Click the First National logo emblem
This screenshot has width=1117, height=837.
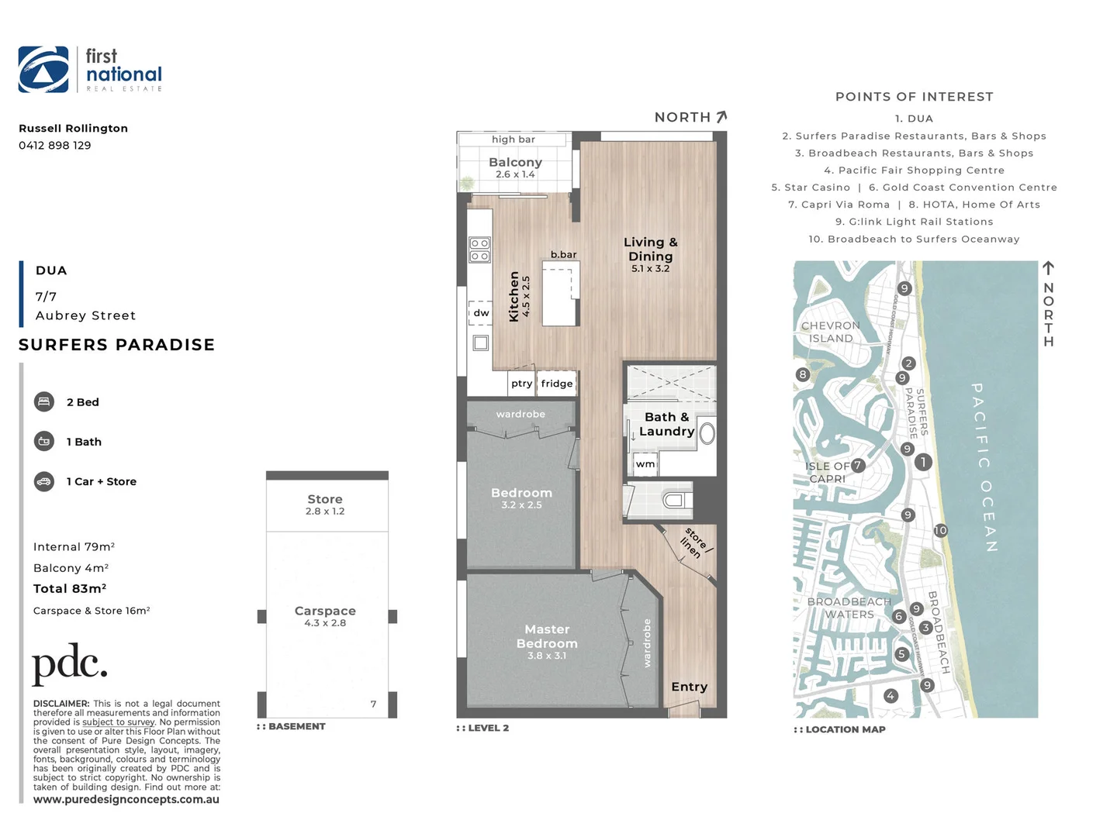coord(43,70)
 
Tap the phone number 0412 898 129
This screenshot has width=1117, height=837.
coord(55,146)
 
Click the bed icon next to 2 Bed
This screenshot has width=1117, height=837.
coord(44,401)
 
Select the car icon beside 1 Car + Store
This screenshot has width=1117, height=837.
coord(44,481)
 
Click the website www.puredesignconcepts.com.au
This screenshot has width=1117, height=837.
coord(126,800)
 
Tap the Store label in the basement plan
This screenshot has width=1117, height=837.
coord(325,500)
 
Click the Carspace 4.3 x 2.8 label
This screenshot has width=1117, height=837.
coord(325,616)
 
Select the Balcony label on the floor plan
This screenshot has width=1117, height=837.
coord(515,163)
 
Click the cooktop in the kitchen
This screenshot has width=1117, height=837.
coord(479,250)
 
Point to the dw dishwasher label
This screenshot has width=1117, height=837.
coord(482,313)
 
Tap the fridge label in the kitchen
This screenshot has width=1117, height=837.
coord(557,384)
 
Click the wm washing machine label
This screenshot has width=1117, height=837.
coord(645,464)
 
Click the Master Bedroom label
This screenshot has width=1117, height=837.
coord(547,637)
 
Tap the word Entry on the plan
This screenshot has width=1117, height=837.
coord(689,687)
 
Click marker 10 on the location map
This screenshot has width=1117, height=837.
coord(940,531)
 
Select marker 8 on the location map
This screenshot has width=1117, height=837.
coord(803,374)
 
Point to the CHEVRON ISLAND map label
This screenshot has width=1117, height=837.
coord(831,332)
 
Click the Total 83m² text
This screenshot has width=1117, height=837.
coord(70,589)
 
